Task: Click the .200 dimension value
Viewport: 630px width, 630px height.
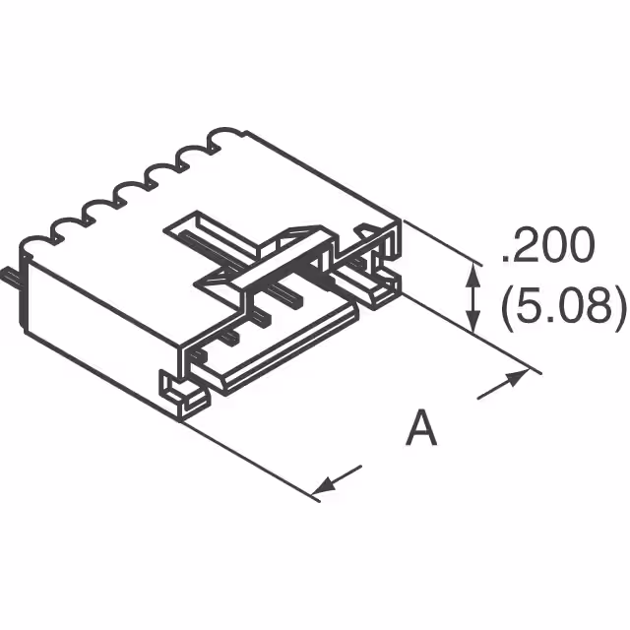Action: point(547,248)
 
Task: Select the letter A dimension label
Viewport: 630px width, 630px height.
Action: point(421,429)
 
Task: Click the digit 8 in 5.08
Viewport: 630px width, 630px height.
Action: point(599,309)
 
